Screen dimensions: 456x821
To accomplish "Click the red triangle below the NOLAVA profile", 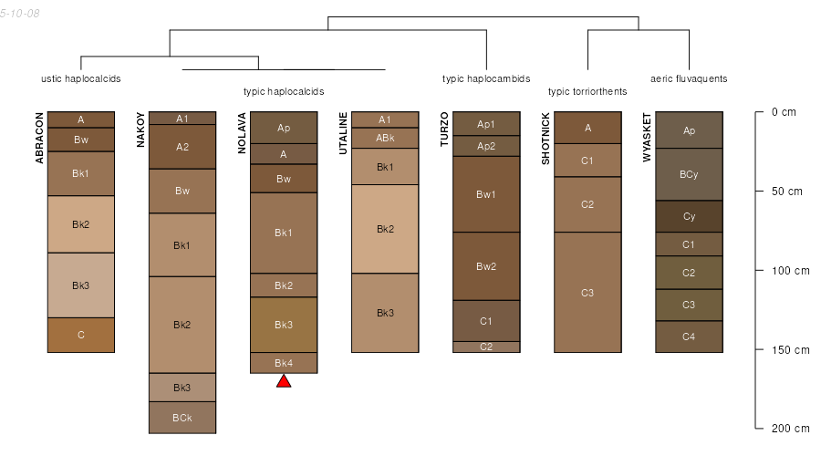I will coord(284,381).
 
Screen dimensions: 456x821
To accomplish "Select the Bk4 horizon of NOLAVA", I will coord(284,363).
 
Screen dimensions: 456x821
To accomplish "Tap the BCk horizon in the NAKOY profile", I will coord(182,418).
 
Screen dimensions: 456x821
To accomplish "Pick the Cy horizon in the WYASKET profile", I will coord(690,216).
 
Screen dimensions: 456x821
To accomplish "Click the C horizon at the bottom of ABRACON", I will coord(81,335).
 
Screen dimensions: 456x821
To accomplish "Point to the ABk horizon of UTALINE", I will coord(385,138).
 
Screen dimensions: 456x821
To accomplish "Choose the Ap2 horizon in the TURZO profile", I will coord(486,146).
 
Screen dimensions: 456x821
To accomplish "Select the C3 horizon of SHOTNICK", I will coord(587,293).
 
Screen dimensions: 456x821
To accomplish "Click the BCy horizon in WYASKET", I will coord(690,174).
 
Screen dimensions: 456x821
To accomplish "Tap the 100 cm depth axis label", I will coord(790,271).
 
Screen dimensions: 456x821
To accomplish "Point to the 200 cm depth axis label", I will coord(790,429).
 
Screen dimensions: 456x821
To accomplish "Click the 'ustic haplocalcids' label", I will coord(81,79).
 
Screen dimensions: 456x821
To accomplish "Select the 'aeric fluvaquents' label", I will coord(689,79).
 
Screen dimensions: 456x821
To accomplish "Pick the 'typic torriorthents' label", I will coord(587,91).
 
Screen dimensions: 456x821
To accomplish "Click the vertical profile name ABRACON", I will coord(39,138).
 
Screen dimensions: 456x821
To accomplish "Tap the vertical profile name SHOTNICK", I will coord(546,139).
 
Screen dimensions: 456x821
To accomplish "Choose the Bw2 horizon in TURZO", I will coord(486,266).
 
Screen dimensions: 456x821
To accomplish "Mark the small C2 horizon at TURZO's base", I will coord(486,347).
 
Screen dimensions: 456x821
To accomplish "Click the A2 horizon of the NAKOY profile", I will coord(182,147).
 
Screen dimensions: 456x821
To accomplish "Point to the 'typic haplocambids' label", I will coord(486,79).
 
